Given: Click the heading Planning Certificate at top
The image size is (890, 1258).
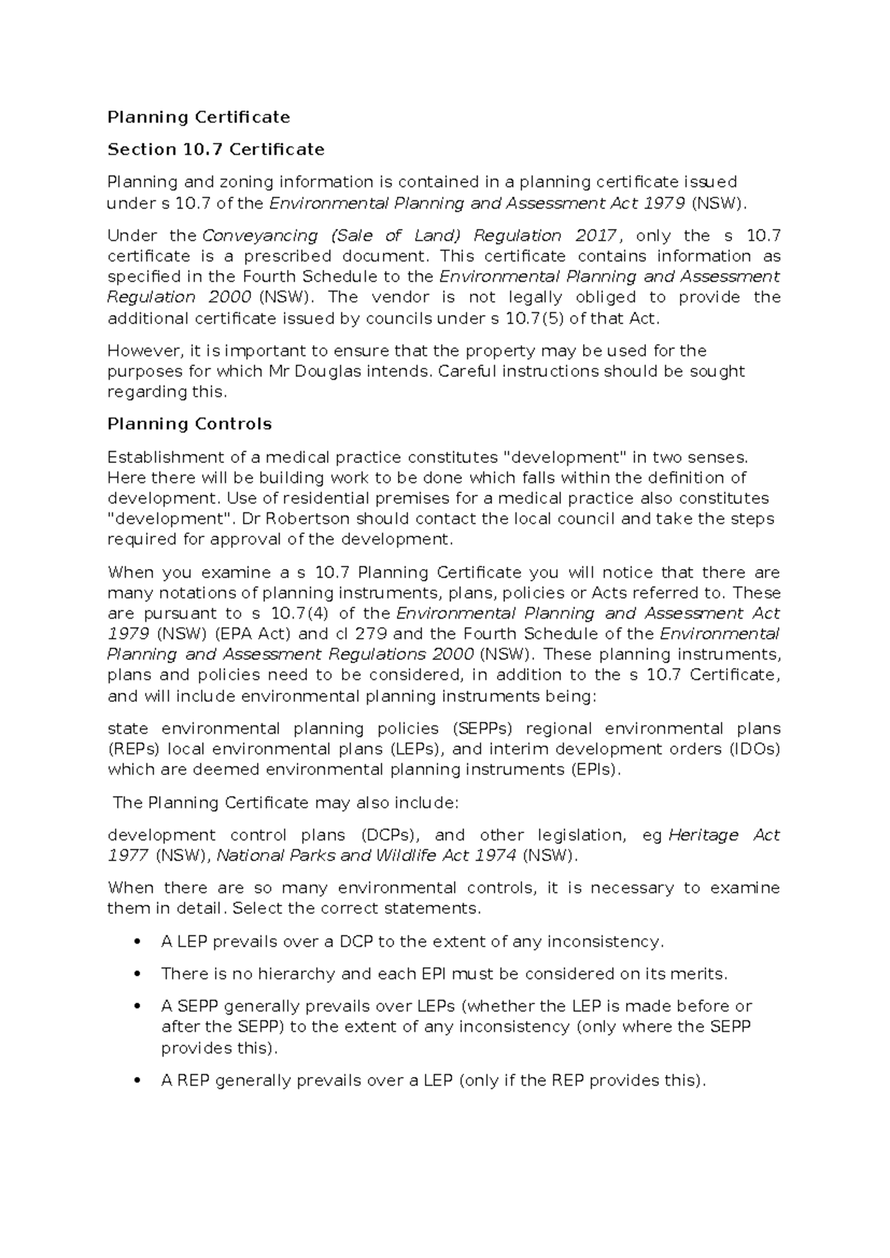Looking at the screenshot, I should pos(198,117).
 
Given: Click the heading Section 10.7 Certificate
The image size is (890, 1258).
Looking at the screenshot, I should pos(216,150).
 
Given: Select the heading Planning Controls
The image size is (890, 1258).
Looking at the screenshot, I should pos(189,424).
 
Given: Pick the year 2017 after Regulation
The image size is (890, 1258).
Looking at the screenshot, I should pos(595,236).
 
